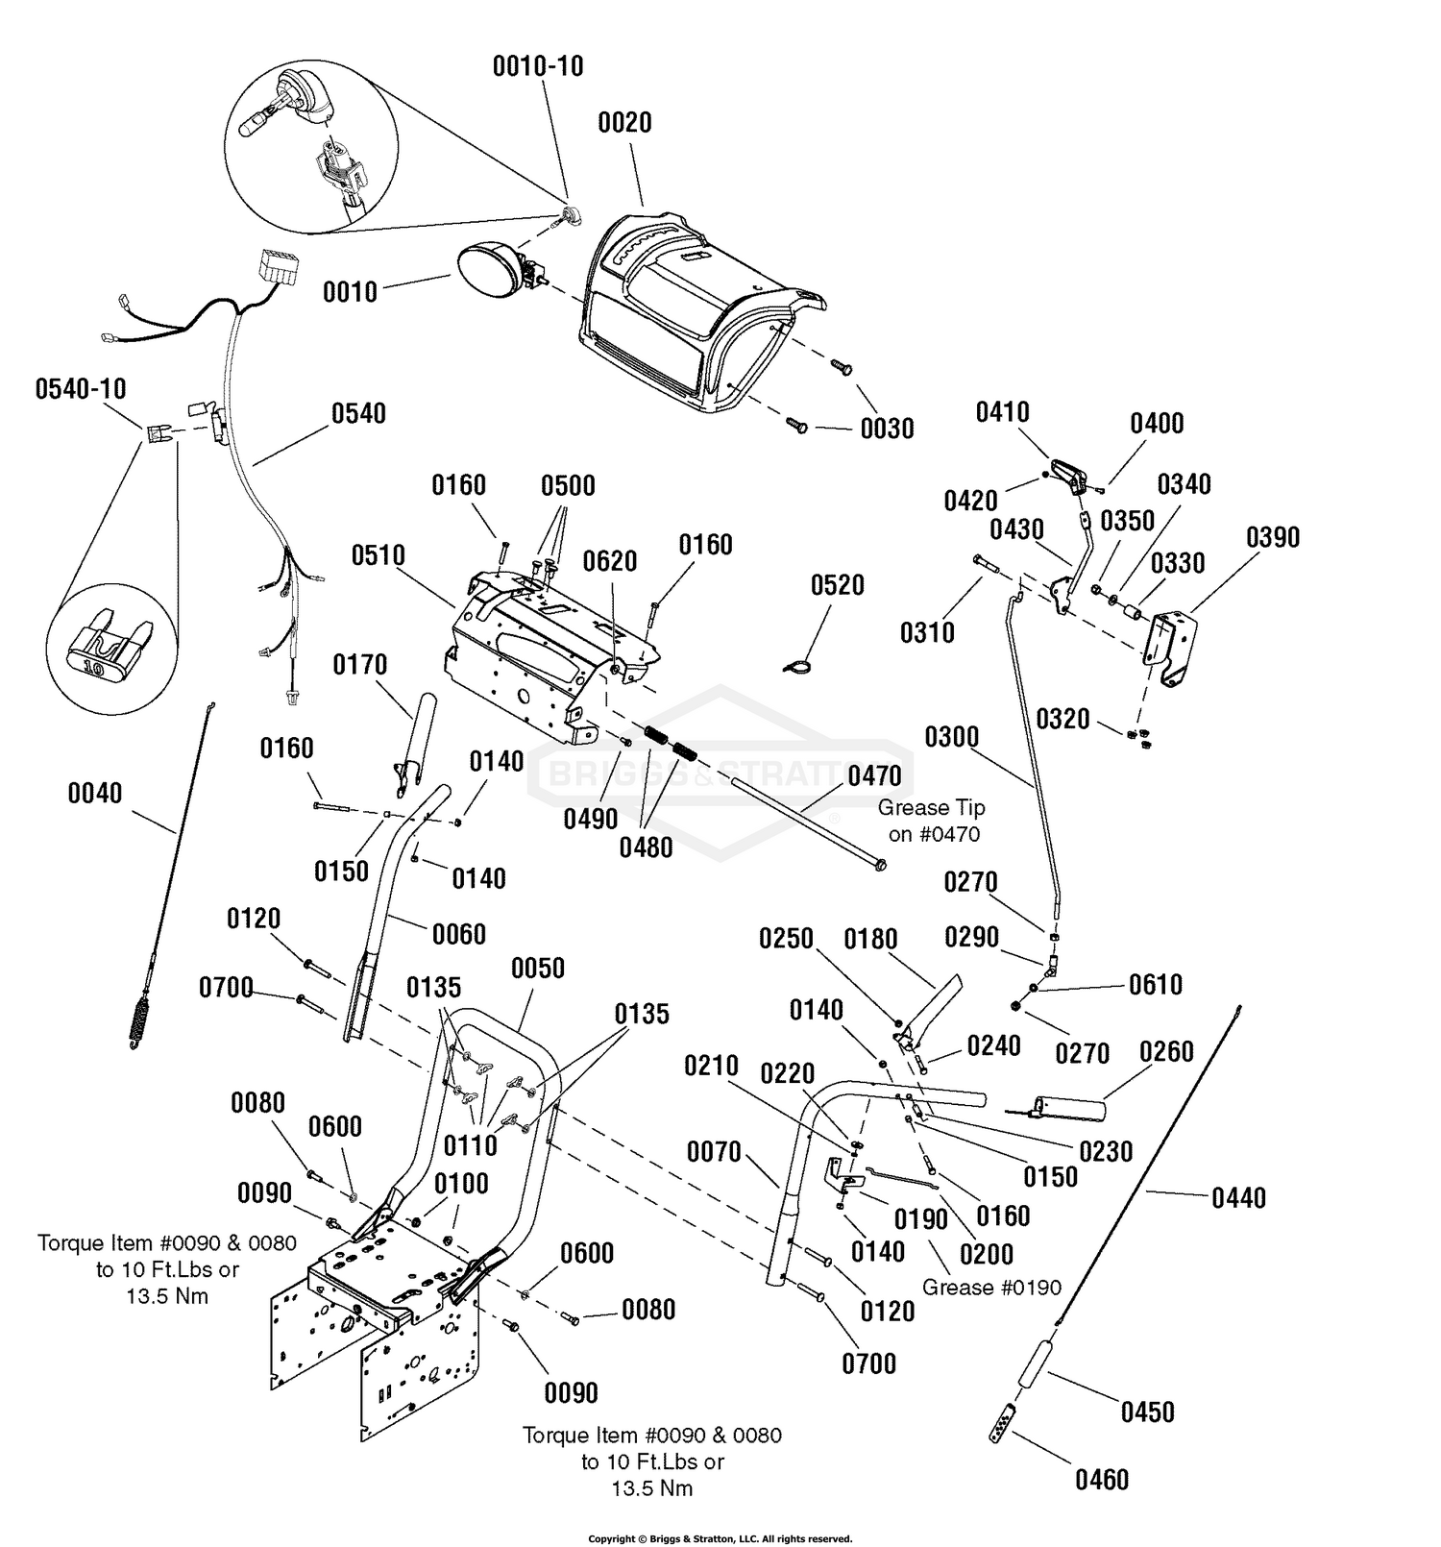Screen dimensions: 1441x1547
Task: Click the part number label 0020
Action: coord(624,123)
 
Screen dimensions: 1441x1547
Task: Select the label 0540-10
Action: coord(81,389)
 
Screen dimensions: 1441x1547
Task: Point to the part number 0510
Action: coord(379,555)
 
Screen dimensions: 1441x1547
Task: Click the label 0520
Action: coord(838,585)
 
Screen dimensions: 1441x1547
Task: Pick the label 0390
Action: coord(1273,537)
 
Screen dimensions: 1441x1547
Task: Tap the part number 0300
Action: coord(952,738)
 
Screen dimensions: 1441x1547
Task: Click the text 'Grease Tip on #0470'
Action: coord(933,822)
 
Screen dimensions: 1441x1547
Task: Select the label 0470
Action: coord(875,776)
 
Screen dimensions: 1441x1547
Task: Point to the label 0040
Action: coord(95,794)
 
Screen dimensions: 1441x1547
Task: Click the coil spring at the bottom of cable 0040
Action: coord(141,1019)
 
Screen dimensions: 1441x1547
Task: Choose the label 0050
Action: coord(538,969)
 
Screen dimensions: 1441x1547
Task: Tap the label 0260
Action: coord(1166,1052)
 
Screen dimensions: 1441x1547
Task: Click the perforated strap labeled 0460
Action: coord(1003,1423)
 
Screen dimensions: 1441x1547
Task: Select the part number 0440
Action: coord(1239,1198)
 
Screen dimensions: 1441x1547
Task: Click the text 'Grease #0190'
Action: coord(992,1288)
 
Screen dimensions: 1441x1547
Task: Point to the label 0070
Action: coord(714,1151)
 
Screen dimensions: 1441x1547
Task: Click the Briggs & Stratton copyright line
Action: coord(720,1538)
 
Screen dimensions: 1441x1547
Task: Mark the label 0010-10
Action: coord(538,66)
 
